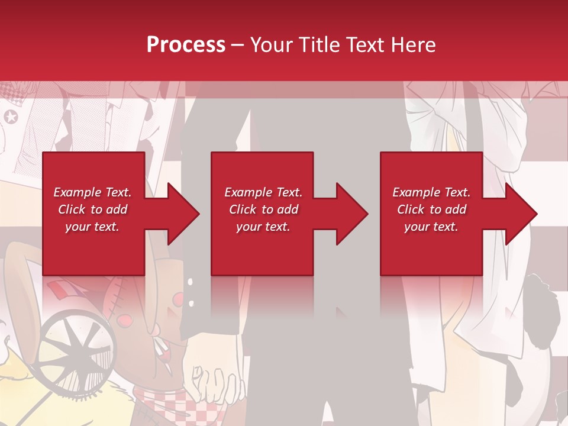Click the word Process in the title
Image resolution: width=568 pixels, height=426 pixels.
(186, 45)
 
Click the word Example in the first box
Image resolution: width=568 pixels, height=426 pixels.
(76, 192)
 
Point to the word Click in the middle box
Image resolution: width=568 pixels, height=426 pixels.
(241, 209)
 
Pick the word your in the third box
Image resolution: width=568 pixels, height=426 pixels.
(417, 227)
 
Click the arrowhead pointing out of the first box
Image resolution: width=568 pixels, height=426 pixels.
(180, 214)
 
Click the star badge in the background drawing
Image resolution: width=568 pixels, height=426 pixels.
(11, 117)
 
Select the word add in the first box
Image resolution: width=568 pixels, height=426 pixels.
(117, 209)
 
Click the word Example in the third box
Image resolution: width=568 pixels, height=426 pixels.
(415, 192)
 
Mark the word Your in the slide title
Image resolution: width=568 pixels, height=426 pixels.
(272, 45)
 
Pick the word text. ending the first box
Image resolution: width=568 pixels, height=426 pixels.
(106, 227)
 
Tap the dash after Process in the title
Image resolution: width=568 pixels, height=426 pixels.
(237, 45)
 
